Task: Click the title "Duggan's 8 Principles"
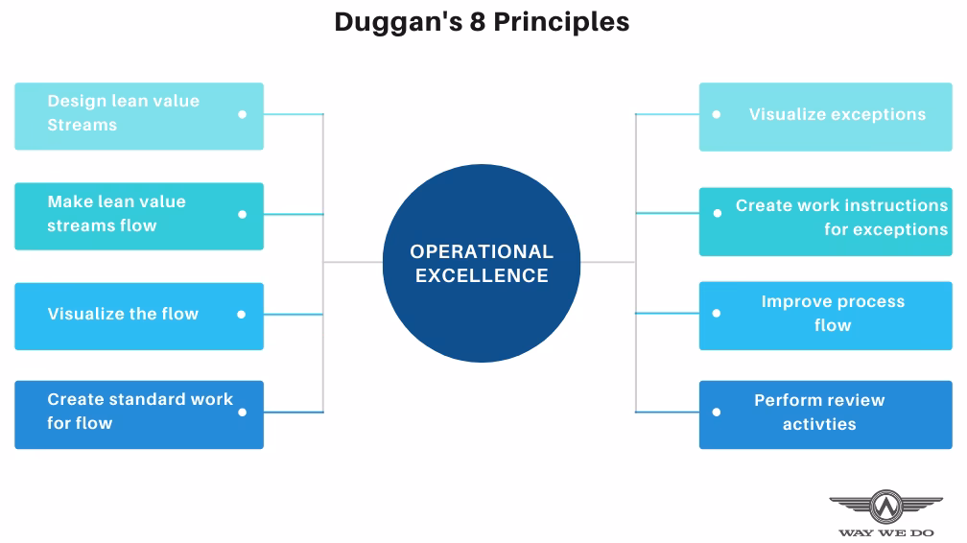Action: coord(482,21)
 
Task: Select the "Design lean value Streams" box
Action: coord(139,115)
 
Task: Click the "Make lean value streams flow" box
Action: coord(139,216)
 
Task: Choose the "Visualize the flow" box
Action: coord(139,316)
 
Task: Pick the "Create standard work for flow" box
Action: coord(139,414)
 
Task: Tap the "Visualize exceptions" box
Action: coord(825,116)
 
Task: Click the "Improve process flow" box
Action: coord(825,315)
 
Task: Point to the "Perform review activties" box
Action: coord(825,414)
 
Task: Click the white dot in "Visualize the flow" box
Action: coord(242,315)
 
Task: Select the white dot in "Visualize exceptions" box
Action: coord(716,114)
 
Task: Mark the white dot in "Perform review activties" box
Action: coord(716,413)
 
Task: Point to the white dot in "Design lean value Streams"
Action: coord(242,114)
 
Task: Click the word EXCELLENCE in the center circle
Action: coord(482,276)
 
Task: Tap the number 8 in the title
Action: coord(476,21)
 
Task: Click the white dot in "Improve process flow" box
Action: coord(716,313)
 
